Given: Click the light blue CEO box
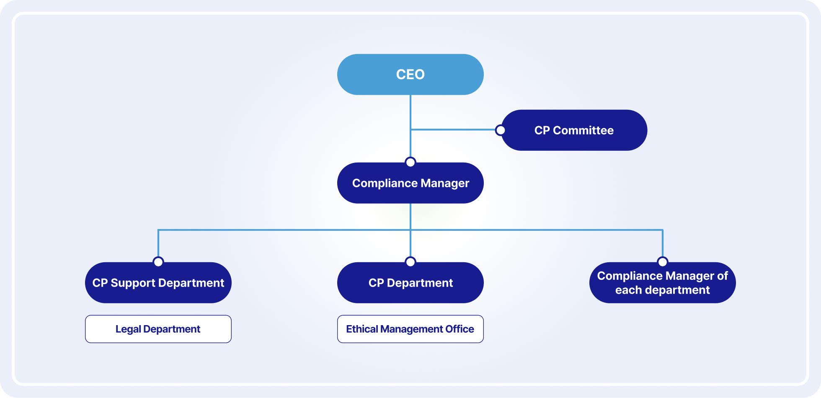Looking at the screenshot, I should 410,75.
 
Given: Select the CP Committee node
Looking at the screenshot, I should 574,130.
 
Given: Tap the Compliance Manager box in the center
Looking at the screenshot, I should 410,183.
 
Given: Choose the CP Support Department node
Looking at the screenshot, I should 158,283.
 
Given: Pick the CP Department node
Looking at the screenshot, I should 410,283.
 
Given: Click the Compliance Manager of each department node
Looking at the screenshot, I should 662,283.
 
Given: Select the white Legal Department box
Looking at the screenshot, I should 158,329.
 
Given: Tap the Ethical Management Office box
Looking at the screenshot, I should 410,329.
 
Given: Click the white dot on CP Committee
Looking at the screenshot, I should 500,130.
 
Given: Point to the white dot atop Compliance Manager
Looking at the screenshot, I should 410,162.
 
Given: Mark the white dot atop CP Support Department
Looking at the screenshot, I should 158,262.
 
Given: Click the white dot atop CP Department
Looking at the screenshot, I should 410,262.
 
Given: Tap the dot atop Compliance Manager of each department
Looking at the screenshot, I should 663,262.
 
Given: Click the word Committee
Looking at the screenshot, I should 583,130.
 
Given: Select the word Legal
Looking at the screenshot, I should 128,329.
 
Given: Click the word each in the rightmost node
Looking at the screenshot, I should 629,290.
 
